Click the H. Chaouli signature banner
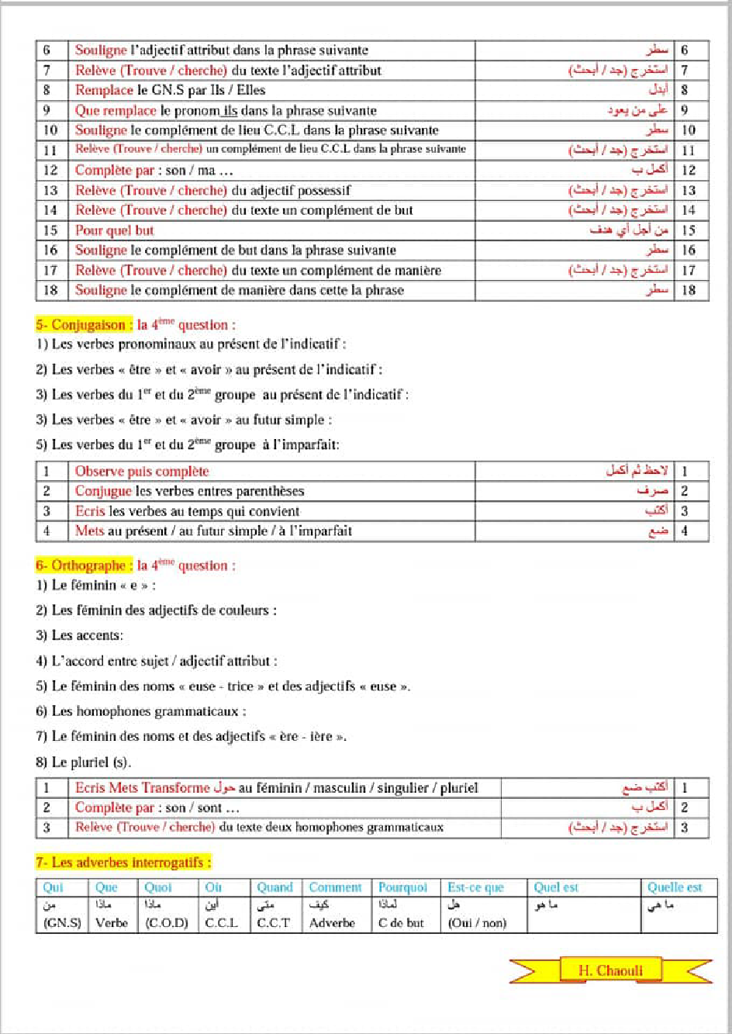tap(610, 970)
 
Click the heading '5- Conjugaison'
tap(81, 325)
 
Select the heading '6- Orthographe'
tap(81, 565)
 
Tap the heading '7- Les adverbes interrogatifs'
tap(123, 863)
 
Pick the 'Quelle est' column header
tap(675, 887)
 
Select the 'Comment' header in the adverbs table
tap(335, 887)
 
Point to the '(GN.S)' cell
tap(62, 923)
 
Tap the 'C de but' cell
tap(401, 923)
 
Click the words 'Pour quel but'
tap(114, 230)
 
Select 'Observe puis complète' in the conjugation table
tap(141, 472)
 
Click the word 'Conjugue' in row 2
tap(103, 491)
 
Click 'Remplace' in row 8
tap(104, 90)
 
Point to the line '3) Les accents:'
tap(79, 635)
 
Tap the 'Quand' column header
tap(274, 887)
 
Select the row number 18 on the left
tap(50, 290)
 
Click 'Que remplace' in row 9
tap(116, 110)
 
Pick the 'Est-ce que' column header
tap(475, 887)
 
